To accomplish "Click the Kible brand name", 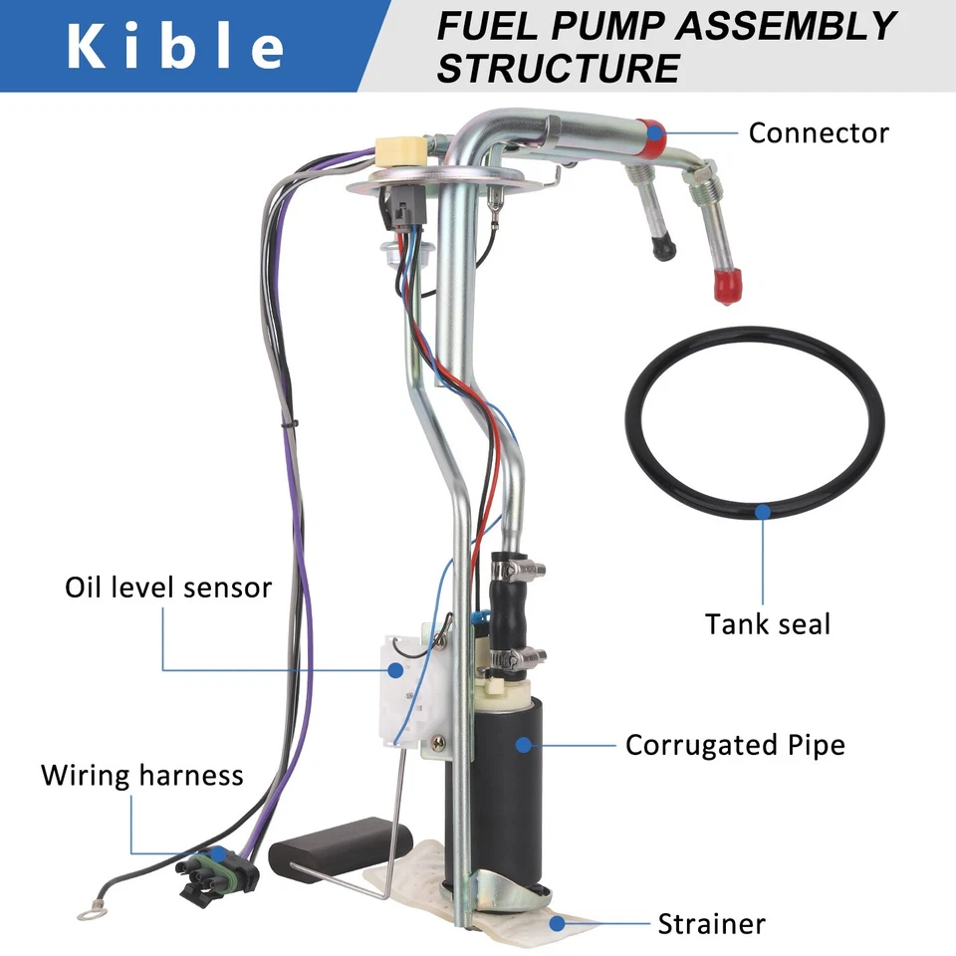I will [175, 47].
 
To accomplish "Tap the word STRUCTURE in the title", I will [558, 69].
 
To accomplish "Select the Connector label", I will [818, 132].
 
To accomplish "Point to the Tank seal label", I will [767, 624].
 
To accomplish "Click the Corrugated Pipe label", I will [734, 744].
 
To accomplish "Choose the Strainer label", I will [711, 923].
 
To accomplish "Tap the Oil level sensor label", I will [168, 587].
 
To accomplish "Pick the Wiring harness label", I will [141, 775].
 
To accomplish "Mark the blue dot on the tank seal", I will [763, 511].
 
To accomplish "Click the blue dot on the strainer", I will [558, 923].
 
